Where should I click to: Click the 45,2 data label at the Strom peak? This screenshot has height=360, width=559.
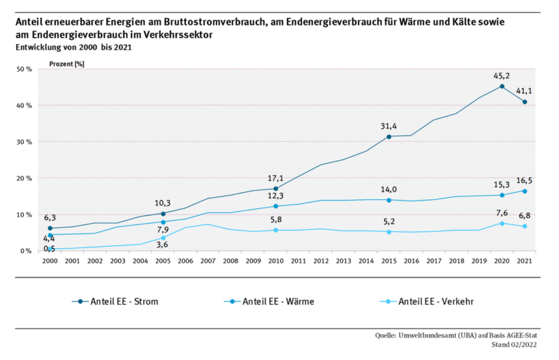pos(502,75)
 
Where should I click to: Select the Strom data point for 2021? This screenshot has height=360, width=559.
pos(525,102)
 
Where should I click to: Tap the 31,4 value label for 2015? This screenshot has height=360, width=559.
pos(388,126)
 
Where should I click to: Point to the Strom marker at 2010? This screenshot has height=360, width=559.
pos(276,189)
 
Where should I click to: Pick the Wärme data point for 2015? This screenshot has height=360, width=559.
pos(389,200)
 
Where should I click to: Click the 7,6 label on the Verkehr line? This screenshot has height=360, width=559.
pos(502,213)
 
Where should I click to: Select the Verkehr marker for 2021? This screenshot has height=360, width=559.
pos(525,226)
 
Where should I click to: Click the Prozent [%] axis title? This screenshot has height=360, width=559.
pos(66,63)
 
